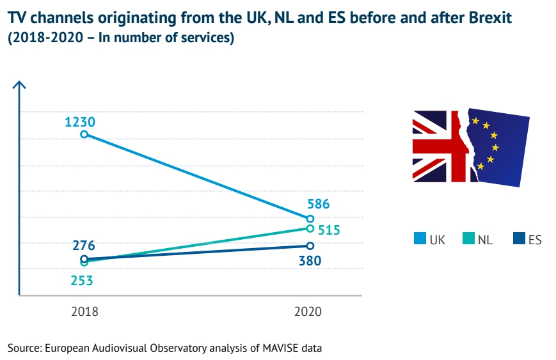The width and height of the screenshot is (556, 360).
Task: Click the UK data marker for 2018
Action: click(84, 134)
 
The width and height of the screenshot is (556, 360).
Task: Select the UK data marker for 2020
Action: click(310, 219)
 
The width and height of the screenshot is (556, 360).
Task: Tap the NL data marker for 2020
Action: click(310, 228)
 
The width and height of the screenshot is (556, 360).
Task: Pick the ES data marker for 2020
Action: click(310, 246)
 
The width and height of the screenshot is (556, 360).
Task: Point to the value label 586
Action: click(318, 205)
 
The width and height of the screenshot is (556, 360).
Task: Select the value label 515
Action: click(328, 230)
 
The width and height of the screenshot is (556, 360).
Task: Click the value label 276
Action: click(84, 246)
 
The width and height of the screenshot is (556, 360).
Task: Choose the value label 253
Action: click(83, 280)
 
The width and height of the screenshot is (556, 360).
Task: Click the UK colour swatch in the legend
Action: click(419, 240)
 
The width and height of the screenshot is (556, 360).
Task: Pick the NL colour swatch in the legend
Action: click(469, 240)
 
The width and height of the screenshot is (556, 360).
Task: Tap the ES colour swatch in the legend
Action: click(519, 240)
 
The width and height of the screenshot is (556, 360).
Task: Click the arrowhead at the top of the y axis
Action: click(20, 85)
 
